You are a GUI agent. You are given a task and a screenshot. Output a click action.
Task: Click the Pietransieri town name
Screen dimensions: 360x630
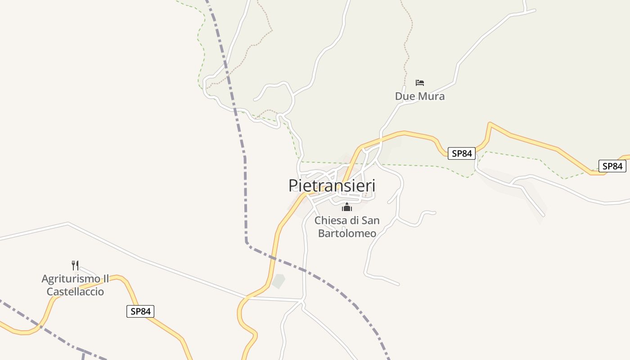(x=332, y=185)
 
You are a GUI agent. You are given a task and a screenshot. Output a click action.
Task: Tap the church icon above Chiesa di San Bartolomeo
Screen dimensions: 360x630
(x=347, y=207)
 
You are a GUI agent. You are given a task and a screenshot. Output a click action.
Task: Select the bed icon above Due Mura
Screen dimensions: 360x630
(x=420, y=83)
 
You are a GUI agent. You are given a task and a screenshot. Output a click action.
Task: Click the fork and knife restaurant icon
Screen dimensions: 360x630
(x=75, y=265)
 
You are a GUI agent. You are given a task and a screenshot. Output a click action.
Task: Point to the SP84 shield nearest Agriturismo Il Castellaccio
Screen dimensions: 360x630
(x=140, y=311)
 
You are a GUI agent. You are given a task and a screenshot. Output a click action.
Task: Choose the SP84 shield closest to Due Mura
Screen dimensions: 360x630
(x=462, y=153)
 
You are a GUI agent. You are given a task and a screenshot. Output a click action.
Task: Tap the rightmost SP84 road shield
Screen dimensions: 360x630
(x=612, y=166)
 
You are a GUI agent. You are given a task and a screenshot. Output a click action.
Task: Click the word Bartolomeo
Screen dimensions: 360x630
(x=347, y=233)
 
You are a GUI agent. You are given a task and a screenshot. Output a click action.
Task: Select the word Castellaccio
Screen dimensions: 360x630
(x=75, y=292)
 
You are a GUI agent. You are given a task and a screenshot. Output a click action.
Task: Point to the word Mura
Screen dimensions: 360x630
(x=432, y=96)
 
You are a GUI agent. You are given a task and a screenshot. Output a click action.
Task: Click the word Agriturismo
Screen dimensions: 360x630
(x=70, y=279)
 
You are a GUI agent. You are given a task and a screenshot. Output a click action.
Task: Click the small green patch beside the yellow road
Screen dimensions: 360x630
(x=279, y=281)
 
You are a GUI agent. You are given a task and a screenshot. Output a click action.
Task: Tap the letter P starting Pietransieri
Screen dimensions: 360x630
(x=293, y=185)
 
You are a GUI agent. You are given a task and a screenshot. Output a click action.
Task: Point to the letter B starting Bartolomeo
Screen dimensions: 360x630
(x=321, y=233)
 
